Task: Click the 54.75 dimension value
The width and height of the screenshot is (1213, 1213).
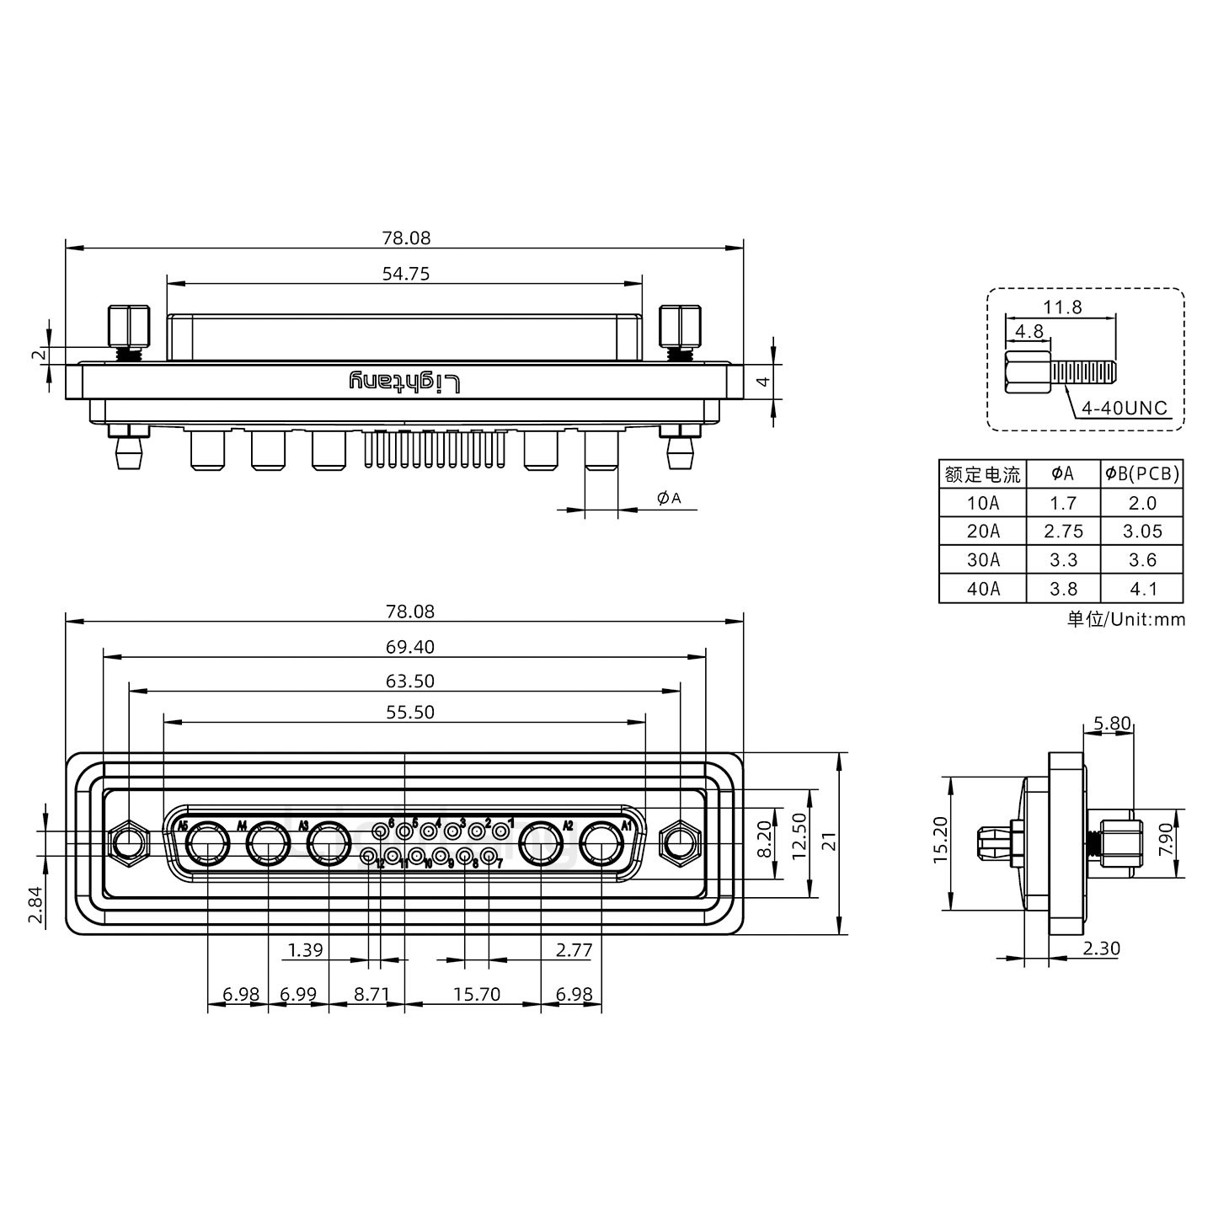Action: pyautogui.click(x=405, y=274)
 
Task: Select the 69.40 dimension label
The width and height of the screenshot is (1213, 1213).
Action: pyautogui.click(x=405, y=647)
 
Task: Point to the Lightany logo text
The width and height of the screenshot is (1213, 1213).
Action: pyautogui.click(x=405, y=382)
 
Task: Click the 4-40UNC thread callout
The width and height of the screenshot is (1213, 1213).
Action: pyautogui.click(x=1125, y=409)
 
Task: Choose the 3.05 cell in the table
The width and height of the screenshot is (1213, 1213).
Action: pyautogui.click(x=1142, y=532)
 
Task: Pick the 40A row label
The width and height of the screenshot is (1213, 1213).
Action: pyautogui.click(x=983, y=589)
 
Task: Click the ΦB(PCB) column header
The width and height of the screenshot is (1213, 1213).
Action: pyautogui.click(x=1142, y=474)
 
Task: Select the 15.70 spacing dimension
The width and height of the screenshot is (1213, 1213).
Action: pyautogui.click(x=477, y=995)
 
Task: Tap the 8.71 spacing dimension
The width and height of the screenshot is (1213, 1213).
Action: pyautogui.click(x=371, y=995)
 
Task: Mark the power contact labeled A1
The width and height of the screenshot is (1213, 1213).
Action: pyautogui.click(x=602, y=843)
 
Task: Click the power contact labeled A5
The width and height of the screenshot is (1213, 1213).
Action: pyautogui.click(x=207, y=843)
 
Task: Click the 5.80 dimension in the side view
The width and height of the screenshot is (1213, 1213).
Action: pyautogui.click(x=1112, y=723)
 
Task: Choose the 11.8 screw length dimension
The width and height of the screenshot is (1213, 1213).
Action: pyautogui.click(x=1062, y=307)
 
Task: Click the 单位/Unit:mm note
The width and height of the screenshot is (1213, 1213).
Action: pyautogui.click(x=1125, y=620)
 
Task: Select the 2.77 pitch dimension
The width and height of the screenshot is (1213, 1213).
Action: pyautogui.click(x=574, y=951)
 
